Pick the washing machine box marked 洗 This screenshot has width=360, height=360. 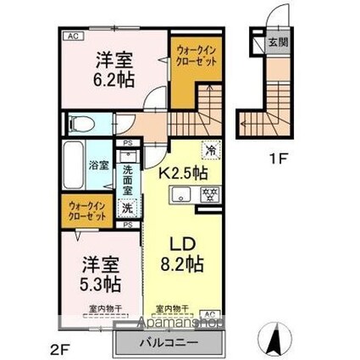pyautogui.click(x=126, y=208)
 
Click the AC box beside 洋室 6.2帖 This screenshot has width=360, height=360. pyautogui.click(x=73, y=36)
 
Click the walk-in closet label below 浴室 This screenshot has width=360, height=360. pyautogui.click(x=84, y=210)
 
